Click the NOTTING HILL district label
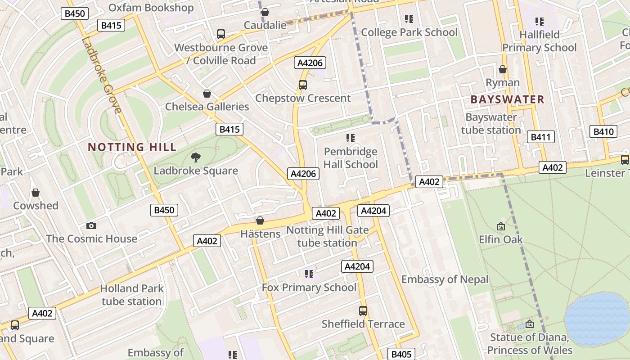pyautogui.click(x=132, y=147)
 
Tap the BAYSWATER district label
pyautogui.click(x=507, y=99)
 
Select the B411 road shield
pyautogui.click(x=540, y=137)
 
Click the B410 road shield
pyautogui.click(x=603, y=132)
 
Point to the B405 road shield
pyautogui.click(x=401, y=354)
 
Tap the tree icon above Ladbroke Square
pyautogui.click(x=196, y=157)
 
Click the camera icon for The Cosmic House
pyautogui.click(x=91, y=226)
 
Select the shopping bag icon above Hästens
pyautogui.click(x=260, y=221)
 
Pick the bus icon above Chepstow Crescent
pyautogui.click(x=303, y=85)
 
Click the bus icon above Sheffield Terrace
pyautogui.click(x=363, y=311)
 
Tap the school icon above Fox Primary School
pyautogui.click(x=309, y=274)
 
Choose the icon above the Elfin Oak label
pyautogui.click(x=500, y=226)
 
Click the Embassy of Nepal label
pyautogui.click(x=445, y=279)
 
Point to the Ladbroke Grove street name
pyautogui.click(x=102, y=75)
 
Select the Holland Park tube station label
pyautogui.click(x=131, y=295)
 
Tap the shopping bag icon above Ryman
pyautogui.click(x=503, y=69)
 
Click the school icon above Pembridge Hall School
pyautogui.click(x=351, y=138)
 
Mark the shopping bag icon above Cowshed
pyautogui.click(x=36, y=193)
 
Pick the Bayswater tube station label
pyautogui.click(x=491, y=124)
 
